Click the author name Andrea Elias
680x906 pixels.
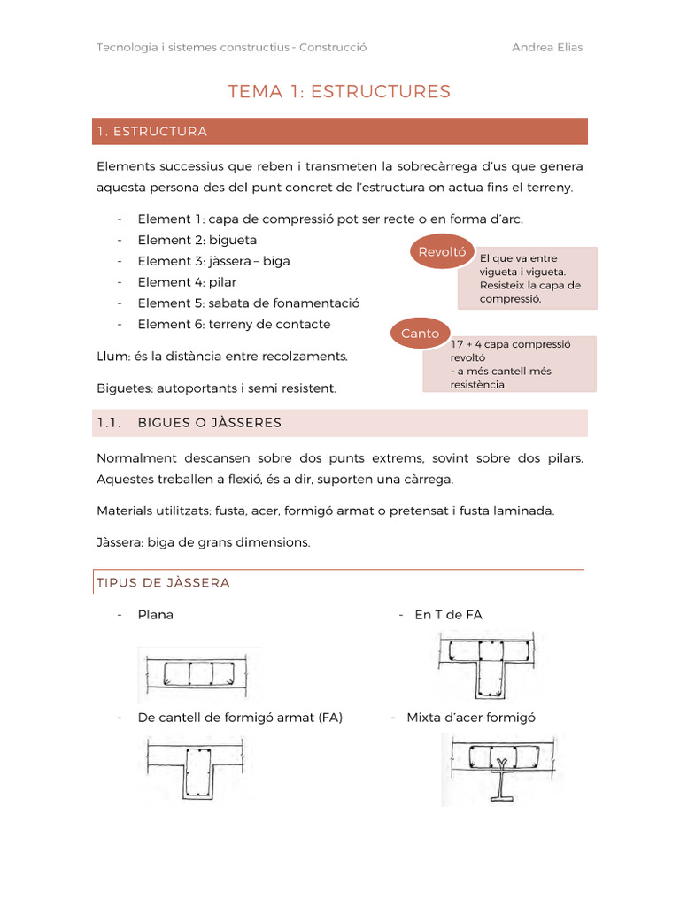(546, 48)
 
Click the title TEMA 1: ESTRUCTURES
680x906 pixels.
(339, 91)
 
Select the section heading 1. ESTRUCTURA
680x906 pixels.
(152, 132)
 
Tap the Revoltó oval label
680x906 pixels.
(441, 251)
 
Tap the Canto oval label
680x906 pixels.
(420, 334)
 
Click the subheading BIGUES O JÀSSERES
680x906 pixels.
(210, 423)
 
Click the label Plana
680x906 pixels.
(156, 615)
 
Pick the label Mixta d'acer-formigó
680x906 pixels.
(471, 718)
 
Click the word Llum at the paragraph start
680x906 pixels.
(111, 357)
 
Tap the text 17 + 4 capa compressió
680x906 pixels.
(511, 345)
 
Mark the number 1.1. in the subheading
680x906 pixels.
(109, 423)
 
